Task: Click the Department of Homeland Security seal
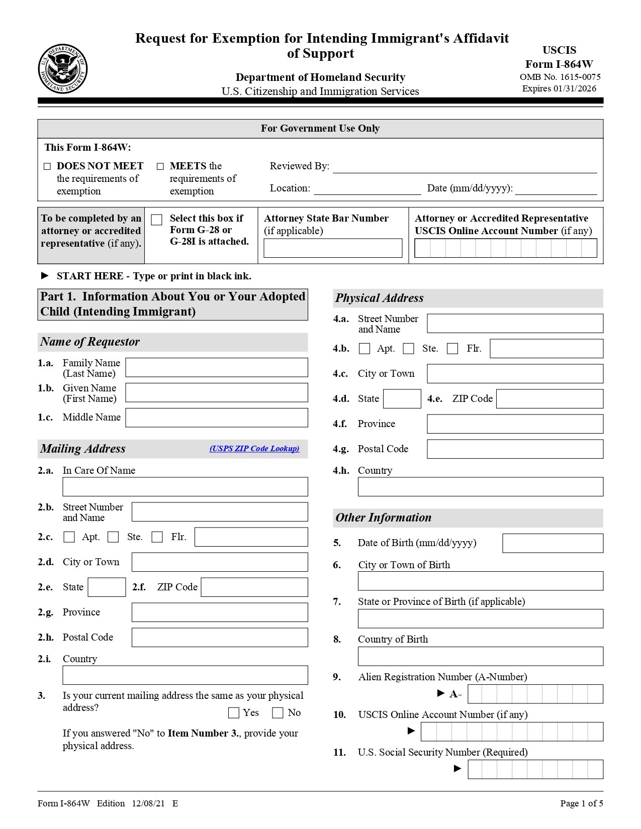(63, 68)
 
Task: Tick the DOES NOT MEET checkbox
(47, 166)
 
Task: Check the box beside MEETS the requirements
(160, 166)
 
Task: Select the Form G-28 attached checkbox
(157, 220)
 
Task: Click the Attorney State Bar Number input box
(333, 248)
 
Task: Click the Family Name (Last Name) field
(216, 367)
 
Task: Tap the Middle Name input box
(216, 418)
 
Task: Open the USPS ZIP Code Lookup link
(254, 449)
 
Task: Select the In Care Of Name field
(185, 487)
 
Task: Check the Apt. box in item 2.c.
(69, 537)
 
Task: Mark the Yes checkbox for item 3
(234, 712)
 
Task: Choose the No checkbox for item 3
(278, 712)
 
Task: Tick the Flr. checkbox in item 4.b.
(452, 349)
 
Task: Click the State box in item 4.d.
(402, 399)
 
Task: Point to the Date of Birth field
(553, 543)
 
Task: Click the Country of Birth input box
(480, 656)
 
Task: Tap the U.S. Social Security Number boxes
(535, 769)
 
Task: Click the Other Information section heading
(384, 517)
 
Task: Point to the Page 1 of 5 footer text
(582, 803)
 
